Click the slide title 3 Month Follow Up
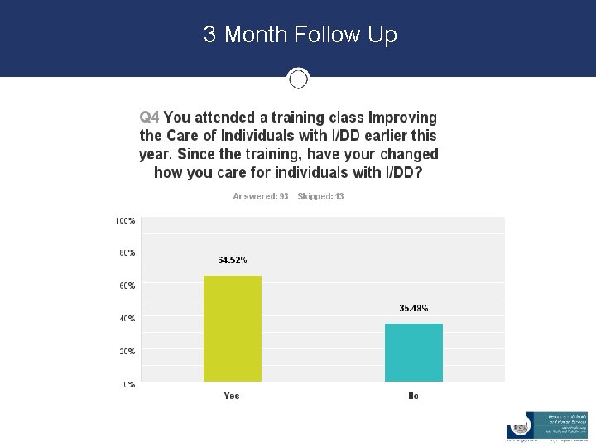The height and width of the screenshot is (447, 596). point(300,35)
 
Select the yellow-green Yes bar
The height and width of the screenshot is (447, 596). point(232,329)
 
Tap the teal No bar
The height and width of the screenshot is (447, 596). point(413,353)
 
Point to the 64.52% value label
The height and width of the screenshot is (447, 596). point(232,260)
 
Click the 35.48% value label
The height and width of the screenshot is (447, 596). point(413,308)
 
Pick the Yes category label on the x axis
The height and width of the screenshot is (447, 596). point(232,396)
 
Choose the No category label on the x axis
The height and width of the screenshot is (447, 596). point(413,396)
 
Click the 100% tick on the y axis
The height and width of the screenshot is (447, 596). point(125,221)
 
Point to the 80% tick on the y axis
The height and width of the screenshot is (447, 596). point(126,252)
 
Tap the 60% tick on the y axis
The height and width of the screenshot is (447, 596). point(126,286)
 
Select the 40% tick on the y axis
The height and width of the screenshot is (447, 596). point(126,318)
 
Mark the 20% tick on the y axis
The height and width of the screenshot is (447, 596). point(126,351)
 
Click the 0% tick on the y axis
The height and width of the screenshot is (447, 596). point(129,384)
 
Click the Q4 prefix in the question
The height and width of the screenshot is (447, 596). point(149,118)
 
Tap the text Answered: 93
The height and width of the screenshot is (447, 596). point(260,196)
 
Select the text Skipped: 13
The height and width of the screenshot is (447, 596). point(320,196)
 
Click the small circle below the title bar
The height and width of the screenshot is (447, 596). point(298,79)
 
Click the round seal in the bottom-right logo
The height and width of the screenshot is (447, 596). point(519,425)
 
